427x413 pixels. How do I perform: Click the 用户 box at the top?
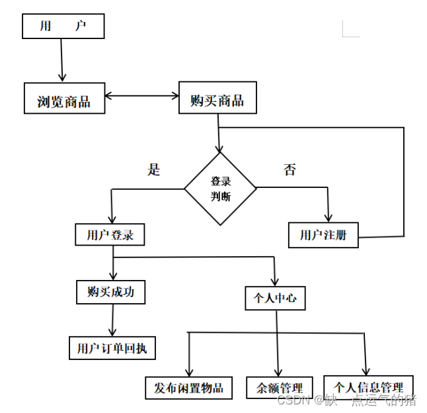coord(63,26)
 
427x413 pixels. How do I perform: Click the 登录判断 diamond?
coord(220,189)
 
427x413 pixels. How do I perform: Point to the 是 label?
coord(154,170)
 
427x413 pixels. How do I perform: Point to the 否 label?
coord(290,170)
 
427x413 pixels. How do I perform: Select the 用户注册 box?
coord(323,235)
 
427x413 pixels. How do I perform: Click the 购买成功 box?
coord(110,291)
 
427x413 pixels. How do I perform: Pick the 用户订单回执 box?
coord(112,347)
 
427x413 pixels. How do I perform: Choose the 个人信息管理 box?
coord(368,387)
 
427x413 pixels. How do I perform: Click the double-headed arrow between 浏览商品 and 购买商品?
coord(142,96)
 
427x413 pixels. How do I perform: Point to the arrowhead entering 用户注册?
coord(329,217)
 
